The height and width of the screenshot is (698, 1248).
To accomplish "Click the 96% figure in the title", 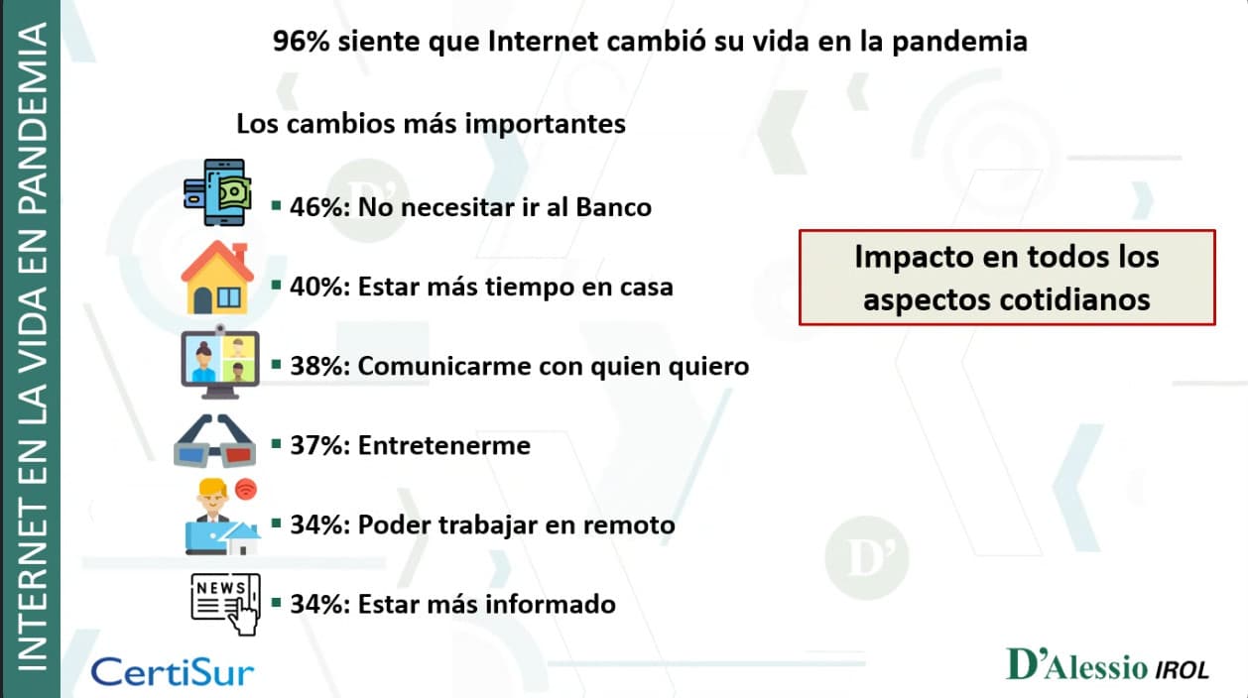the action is click(x=302, y=42).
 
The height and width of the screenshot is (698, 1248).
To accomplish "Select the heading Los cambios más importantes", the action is click(x=431, y=124).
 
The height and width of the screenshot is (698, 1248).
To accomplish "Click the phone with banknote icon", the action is click(x=218, y=192).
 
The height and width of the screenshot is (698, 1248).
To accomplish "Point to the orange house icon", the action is click(x=217, y=278).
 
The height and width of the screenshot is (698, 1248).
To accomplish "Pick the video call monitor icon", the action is click(x=220, y=362).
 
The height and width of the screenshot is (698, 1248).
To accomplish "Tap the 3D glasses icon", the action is click(x=215, y=440).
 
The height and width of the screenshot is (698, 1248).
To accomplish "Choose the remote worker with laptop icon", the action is click(x=223, y=517).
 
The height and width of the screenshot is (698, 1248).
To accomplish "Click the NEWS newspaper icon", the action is click(x=225, y=605).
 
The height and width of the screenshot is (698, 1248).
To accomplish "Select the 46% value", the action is click(x=319, y=207).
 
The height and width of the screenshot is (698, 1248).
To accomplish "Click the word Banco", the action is click(x=613, y=207).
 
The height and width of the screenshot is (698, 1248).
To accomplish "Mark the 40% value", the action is click(x=319, y=287).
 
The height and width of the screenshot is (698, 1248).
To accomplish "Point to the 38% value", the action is click(x=319, y=366).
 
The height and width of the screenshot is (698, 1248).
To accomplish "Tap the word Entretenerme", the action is click(x=444, y=445).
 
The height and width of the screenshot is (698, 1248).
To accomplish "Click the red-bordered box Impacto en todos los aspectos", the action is click(x=1007, y=278).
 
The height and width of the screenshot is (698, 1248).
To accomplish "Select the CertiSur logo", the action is click(x=173, y=672).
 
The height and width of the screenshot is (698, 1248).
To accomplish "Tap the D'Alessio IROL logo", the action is click(x=1107, y=664).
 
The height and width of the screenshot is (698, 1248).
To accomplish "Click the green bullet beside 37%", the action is click(x=276, y=444).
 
